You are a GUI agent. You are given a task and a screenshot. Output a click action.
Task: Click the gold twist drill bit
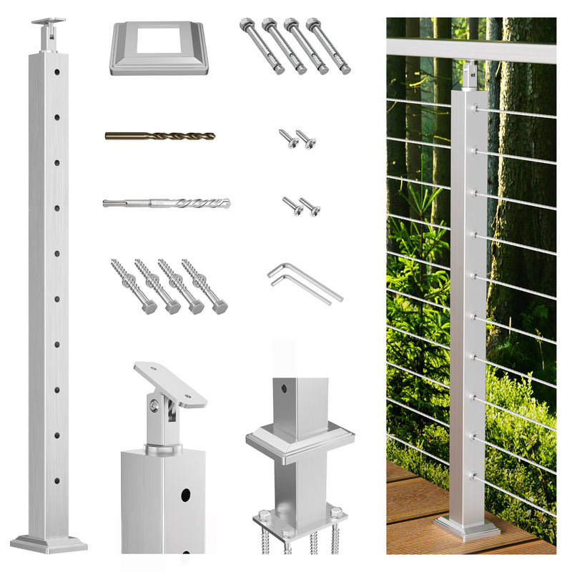coord(159,135)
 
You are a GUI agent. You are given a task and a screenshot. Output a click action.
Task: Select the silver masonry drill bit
coord(166,203)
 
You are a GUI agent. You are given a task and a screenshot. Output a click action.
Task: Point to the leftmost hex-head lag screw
coord(133,286)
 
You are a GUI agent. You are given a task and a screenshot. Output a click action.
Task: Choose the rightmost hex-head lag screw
coord(204,286)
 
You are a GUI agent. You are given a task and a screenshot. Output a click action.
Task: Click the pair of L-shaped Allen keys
coord(305,282)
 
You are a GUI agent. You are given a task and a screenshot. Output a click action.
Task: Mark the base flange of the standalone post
coord(49,543)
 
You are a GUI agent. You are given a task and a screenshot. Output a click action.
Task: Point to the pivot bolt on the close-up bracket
coord(154,407)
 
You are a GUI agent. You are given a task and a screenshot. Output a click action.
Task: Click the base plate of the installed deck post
coord(467,528)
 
